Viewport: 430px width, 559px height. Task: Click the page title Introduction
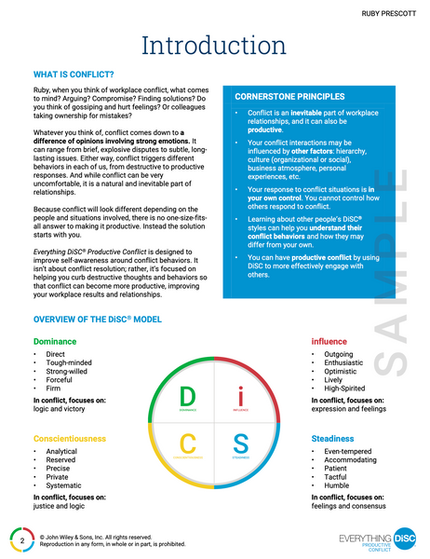click(215, 44)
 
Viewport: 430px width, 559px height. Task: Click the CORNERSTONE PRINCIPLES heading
click(289, 97)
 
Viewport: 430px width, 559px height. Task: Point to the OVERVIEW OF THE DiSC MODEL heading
click(98, 320)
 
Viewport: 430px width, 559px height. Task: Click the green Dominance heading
click(56, 341)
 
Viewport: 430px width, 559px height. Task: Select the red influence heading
click(329, 341)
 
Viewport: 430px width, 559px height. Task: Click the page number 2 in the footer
click(21, 539)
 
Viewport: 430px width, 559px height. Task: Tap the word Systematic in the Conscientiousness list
click(64, 486)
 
